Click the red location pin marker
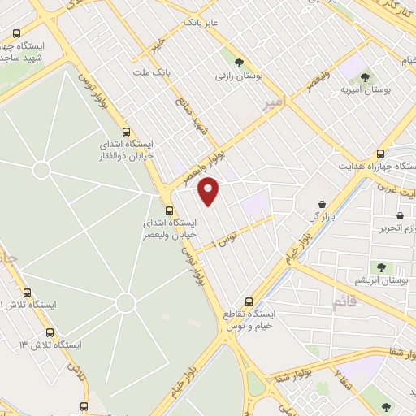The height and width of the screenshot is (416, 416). (x=209, y=192)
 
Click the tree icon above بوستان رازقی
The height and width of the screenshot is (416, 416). (x=238, y=62)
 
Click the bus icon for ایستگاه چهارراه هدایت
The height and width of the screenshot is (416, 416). (x=381, y=153)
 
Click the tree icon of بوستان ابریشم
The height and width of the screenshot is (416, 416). (x=379, y=266)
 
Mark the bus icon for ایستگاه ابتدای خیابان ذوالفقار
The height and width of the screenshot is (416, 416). (x=126, y=131)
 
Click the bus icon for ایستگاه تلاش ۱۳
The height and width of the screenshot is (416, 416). (x=50, y=332)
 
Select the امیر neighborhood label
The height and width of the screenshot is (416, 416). (x=274, y=103)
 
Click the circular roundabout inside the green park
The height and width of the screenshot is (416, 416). (x=125, y=302)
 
